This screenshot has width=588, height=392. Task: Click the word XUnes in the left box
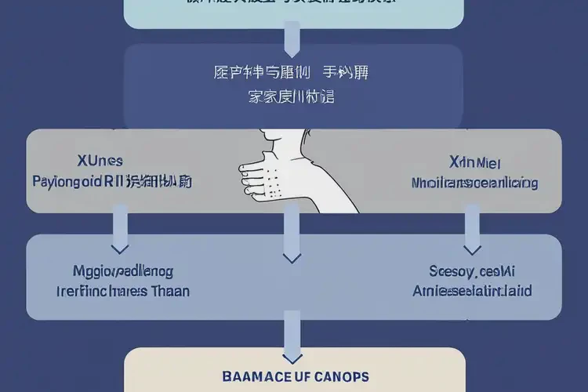[100, 161]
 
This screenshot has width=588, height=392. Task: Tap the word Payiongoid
[66, 182]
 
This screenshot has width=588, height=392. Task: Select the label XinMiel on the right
[474, 162]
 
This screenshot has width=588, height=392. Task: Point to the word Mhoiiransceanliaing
[474, 183]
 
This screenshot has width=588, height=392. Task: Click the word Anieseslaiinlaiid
[472, 291]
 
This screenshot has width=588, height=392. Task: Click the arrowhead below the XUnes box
[120, 248]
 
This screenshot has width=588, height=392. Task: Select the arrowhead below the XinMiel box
[471, 249]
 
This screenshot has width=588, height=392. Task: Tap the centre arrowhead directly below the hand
[292, 256]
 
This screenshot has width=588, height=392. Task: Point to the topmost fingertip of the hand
[242, 167]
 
